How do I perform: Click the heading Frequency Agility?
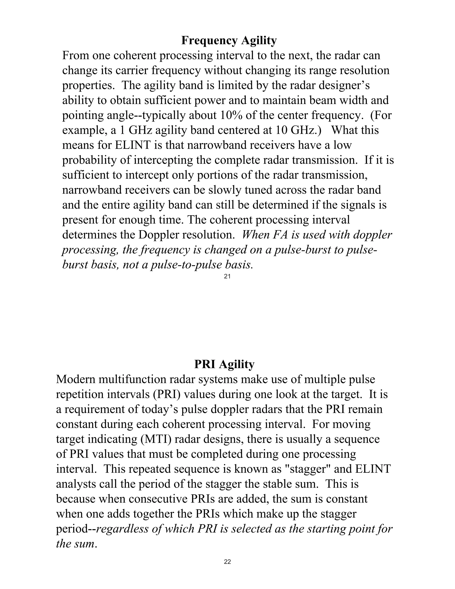click(x=229, y=40)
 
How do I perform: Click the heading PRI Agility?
click(x=224, y=364)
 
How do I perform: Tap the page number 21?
click(x=227, y=276)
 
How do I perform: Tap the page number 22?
click(x=227, y=562)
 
